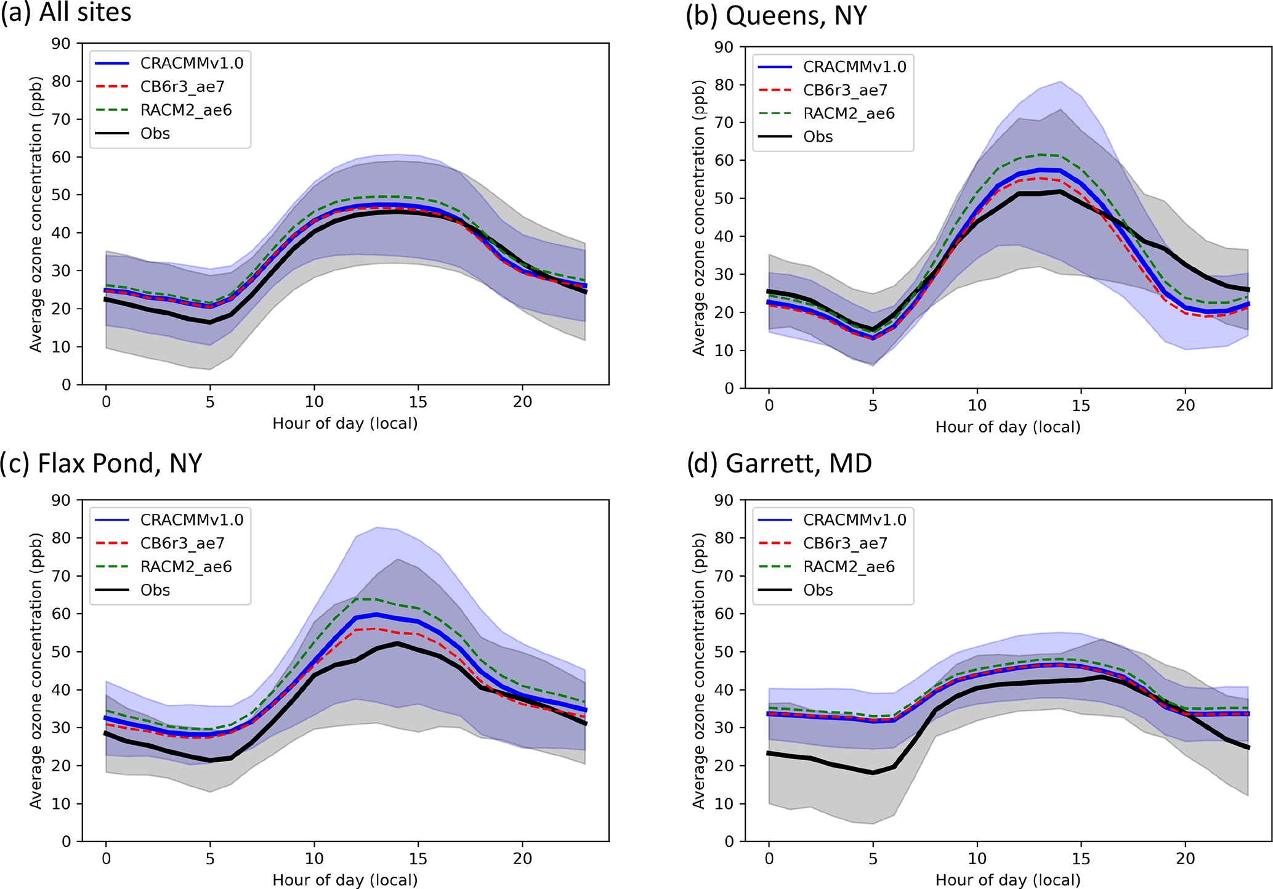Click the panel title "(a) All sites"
(66, 12)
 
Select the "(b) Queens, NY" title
(776, 15)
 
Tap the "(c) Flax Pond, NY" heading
(101, 463)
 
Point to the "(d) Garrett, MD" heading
(779, 463)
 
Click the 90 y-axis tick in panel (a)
(61, 44)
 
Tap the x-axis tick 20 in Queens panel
(1185, 405)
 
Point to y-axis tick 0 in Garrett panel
(729, 842)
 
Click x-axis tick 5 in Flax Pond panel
(210, 858)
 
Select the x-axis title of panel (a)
(345, 424)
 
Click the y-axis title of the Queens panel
(698, 217)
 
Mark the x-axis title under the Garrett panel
(1008, 880)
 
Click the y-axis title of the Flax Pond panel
(36, 671)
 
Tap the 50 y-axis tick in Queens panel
(724, 198)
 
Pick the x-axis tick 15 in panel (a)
(418, 402)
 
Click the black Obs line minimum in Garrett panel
(873, 773)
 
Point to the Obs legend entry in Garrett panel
(817, 590)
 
